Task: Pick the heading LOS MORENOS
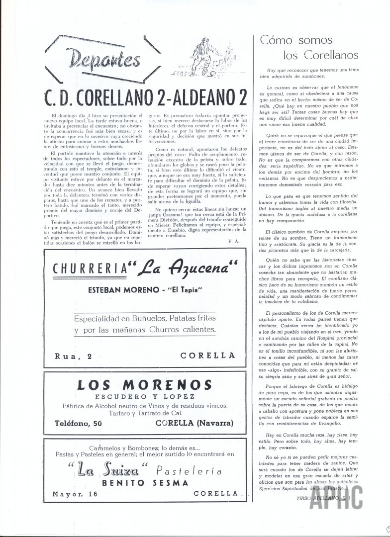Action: pyautogui.click(x=144, y=385)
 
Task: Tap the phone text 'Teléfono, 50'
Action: pyautogui.click(x=80, y=423)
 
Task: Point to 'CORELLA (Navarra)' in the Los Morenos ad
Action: pyautogui.click(x=195, y=423)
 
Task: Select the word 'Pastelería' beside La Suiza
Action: pyautogui.click(x=189, y=470)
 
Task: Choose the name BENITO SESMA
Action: pyautogui.click(x=145, y=482)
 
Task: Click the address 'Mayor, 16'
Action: pyautogui.click(x=75, y=494)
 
